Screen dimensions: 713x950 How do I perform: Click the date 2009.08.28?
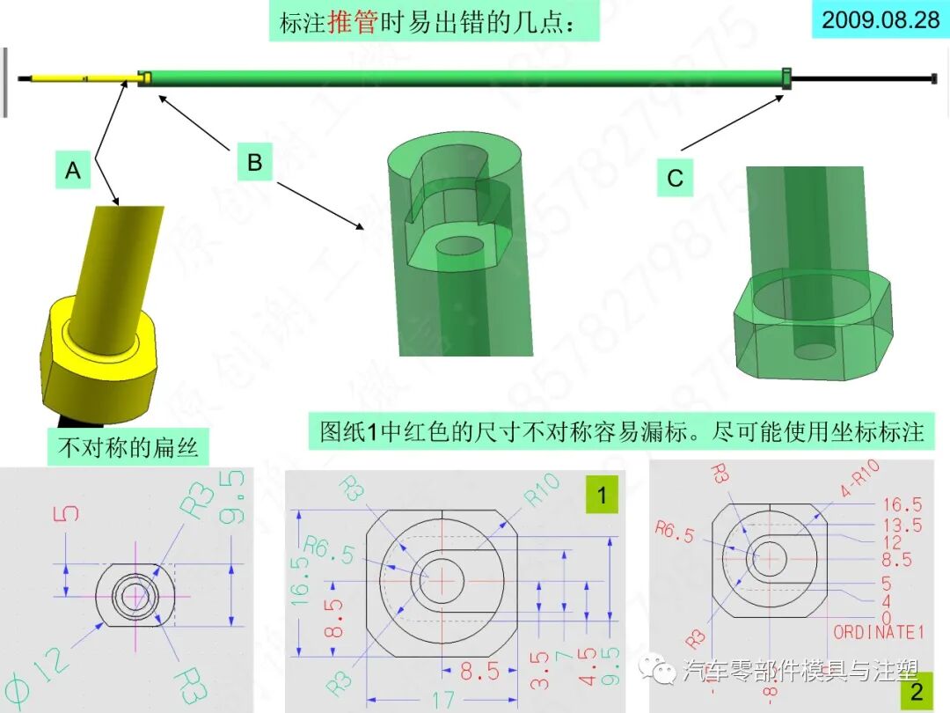coord(881,19)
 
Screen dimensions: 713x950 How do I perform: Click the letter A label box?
coord(73,170)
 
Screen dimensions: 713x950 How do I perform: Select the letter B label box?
coord(254,163)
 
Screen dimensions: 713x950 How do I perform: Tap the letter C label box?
coord(675,179)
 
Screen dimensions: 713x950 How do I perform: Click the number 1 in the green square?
coord(602,496)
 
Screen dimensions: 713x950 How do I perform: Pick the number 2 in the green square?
coord(917,692)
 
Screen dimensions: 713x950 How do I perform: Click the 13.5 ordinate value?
coord(902,526)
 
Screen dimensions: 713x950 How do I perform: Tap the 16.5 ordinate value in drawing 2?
coord(902,504)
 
